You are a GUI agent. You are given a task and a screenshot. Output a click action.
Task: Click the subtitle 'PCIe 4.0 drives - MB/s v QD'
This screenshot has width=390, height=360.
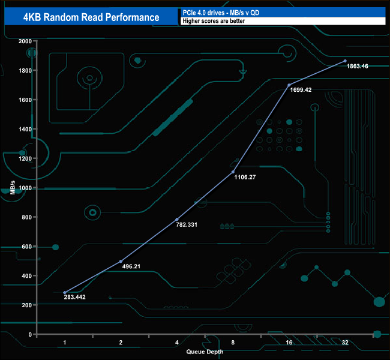click(x=217, y=12)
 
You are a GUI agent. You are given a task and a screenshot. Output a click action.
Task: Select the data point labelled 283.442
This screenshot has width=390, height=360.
click(x=65, y=292)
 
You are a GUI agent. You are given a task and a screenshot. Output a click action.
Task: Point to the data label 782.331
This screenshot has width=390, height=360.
click(x=185, y=225)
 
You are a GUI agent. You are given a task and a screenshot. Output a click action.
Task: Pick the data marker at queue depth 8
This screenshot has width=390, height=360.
click(x=233, y=172)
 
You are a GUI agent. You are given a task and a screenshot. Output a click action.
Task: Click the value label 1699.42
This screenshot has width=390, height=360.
click(x=299, y=90)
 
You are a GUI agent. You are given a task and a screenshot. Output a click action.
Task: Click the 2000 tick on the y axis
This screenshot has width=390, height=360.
click(x=25, y=41)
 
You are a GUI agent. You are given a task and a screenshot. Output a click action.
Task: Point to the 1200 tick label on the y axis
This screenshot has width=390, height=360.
click(x=25, y=158)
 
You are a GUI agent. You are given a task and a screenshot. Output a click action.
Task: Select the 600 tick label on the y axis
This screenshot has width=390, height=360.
click(x=26, y=247)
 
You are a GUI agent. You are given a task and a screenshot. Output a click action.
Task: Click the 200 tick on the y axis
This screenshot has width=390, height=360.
click(x=26, y=305)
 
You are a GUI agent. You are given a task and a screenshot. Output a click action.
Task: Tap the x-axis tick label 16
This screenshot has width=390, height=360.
click(x=289, y=342)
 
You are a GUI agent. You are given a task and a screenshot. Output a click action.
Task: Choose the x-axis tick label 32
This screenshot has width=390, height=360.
click(x=345, y=342)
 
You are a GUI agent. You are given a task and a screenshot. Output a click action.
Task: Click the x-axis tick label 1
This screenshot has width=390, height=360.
click(x=65, y=342)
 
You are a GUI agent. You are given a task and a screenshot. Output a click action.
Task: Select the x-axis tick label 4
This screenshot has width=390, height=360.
click(x=177, y=342)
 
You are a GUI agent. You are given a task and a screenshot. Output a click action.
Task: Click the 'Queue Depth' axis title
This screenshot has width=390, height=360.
click(x=204, y=352)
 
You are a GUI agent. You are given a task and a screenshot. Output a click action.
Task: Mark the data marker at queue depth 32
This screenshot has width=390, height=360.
click(x=345, y=61)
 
